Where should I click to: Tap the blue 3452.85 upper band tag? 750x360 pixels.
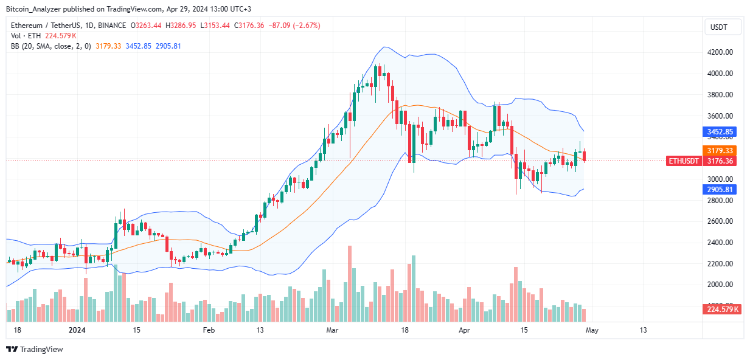point(720,131)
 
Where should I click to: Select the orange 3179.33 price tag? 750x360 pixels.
point(720,150)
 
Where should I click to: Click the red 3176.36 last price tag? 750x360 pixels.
point(720,161)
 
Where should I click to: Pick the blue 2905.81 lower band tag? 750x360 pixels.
point(720,190)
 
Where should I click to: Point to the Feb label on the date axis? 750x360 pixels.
point(209,330)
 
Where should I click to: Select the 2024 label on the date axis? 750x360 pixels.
point(77,330)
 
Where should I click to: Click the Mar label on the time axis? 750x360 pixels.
point(332,330)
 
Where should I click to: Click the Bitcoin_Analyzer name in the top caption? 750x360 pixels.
point(34,9)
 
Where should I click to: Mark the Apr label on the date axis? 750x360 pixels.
point(465,330)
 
